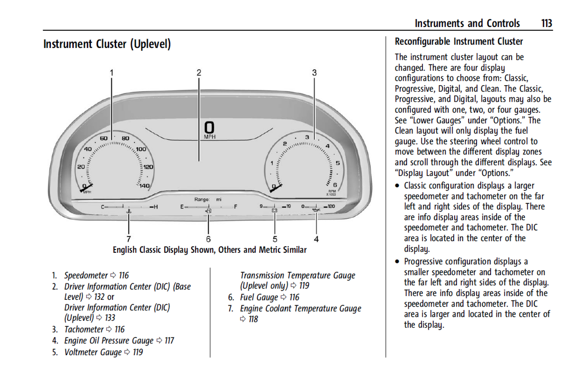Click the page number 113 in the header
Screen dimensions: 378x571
click(x=546, y=23)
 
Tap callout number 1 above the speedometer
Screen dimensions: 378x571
click(x=111, y=73)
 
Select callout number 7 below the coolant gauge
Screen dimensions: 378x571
click(x=129, y=239)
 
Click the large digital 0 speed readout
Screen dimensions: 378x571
click(x=209, y=128)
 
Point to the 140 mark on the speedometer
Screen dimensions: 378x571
click(x=144, y=186)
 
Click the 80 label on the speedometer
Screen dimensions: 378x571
click(x=125, y=138)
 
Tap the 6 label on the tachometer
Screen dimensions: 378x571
click(x=335, y=185)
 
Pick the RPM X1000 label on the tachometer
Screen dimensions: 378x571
click(x=332, y=193)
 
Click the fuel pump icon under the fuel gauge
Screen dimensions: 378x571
click(x=208, y=211)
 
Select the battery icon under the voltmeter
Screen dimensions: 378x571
click(x=275, y=211)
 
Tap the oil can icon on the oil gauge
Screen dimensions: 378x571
click(x=316, y=210)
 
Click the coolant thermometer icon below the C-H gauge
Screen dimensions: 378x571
click(x=129, y=211)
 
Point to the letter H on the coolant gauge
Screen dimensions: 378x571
click(x=156, y=207)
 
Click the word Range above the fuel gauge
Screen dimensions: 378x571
click(x=202, y=199)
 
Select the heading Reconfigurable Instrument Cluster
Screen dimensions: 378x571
click(x=459, y=41)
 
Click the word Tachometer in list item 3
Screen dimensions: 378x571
click(x=84, y=329)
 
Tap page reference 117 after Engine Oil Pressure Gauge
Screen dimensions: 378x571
click(x=169, y=341)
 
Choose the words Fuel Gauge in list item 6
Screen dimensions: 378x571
click(x=259, y=297)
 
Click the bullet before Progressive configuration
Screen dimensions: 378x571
click(x=397, y=261)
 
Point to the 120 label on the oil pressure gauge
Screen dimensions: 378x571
click(x=331, y=206)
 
